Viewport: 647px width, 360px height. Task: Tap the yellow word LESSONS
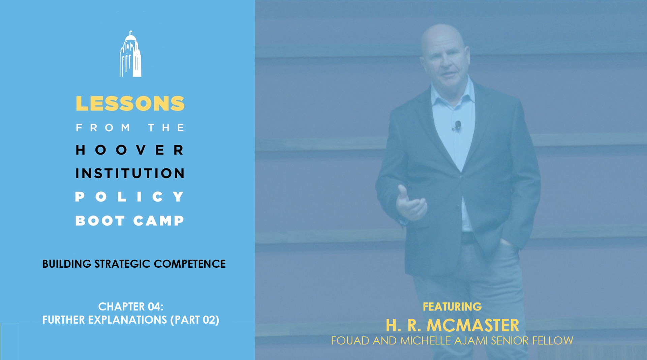coord(130,103)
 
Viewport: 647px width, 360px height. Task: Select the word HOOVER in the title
coord(130,150)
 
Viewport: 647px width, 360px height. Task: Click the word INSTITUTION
coord(130,173)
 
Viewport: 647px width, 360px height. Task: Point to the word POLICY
coord(130,197)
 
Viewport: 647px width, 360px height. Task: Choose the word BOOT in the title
coord(100,221)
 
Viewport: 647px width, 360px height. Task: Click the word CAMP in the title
coord(159,221)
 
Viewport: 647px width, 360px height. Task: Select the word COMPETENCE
coord(190,264)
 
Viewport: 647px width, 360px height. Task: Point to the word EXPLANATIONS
coord(127,320)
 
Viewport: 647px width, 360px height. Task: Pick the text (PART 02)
coord(195,320)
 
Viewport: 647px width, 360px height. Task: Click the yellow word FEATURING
coord(452,307)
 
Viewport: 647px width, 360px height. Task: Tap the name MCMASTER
coord(473,325)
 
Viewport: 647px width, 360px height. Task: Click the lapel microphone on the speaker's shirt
coord(457,126)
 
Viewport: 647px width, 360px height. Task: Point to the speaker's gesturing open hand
coord(410,204)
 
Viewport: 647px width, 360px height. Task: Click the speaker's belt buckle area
coord(467,238)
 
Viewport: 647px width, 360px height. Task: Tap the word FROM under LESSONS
coord(103,128)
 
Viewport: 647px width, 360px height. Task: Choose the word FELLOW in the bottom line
coord(553,341)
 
